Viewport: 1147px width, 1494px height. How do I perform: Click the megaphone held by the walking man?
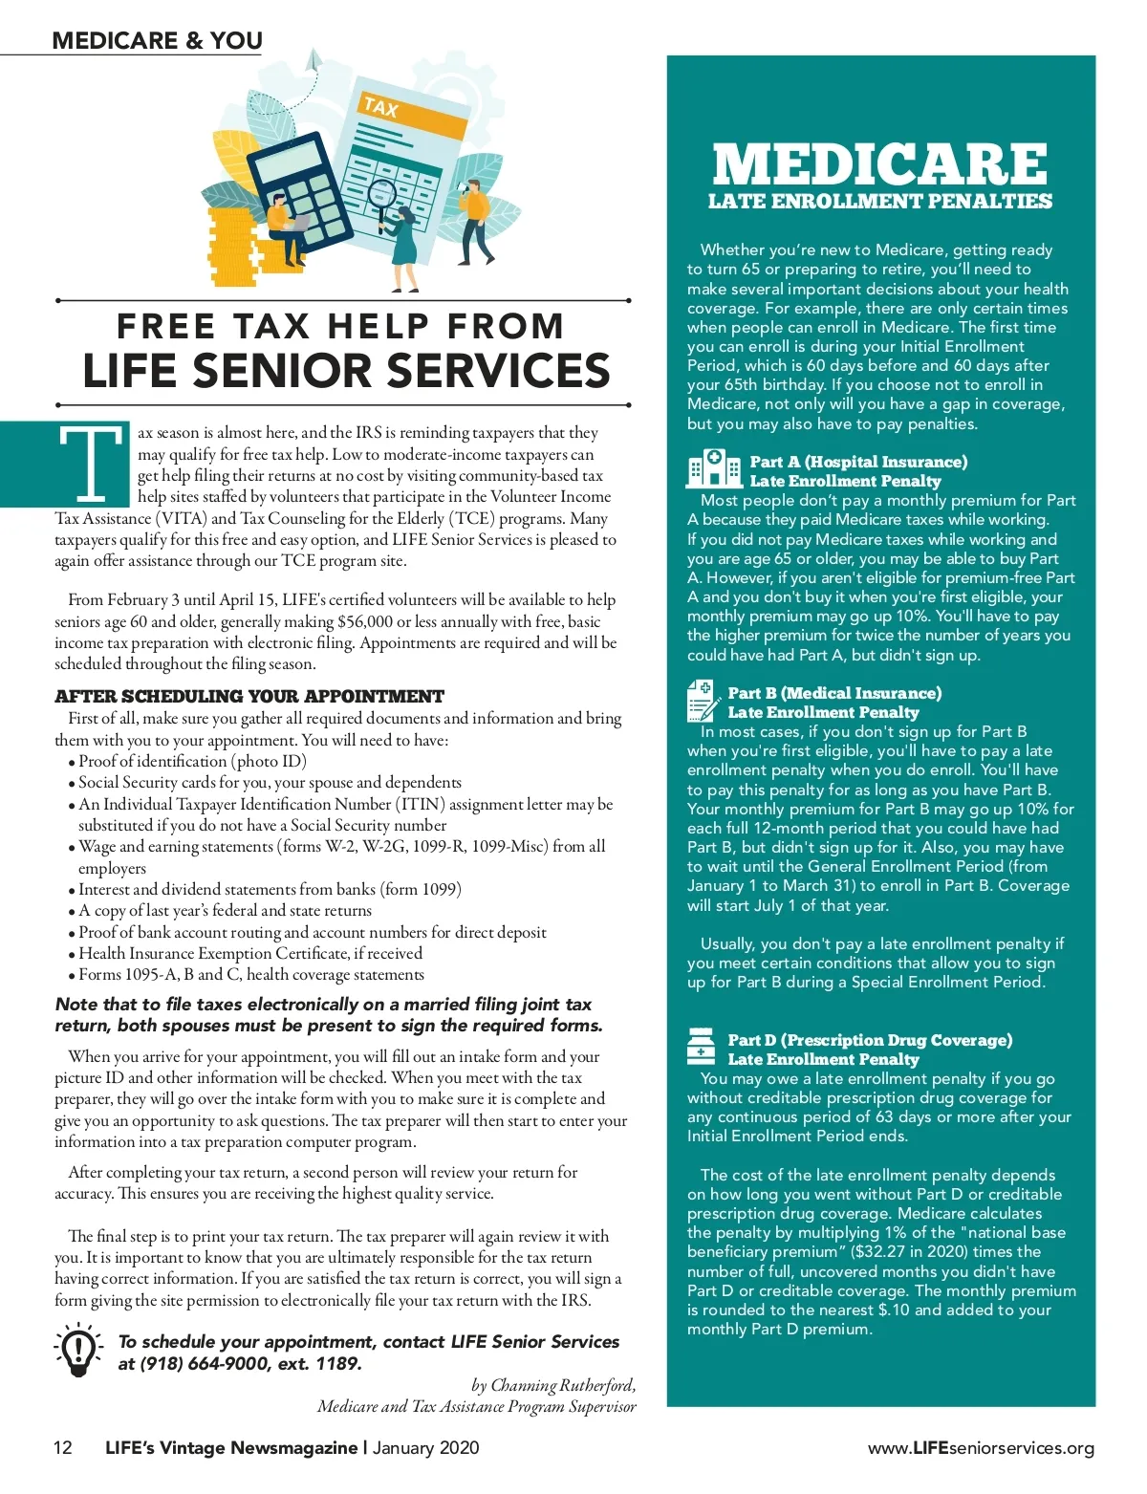(x=460, y=187)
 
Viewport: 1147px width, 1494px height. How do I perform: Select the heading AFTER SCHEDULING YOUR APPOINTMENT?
(x=249, y=696)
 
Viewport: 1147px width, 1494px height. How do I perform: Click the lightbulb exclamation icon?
(x=78, y=1349)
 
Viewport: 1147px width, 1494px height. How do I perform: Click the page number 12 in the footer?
(x=62, y=1447)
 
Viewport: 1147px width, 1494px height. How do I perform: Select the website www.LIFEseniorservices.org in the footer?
(x=981, y=1448)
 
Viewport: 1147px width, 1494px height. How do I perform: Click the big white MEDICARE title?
(x=879, y=164)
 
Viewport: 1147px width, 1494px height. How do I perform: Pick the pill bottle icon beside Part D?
(x=701, y=1048)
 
